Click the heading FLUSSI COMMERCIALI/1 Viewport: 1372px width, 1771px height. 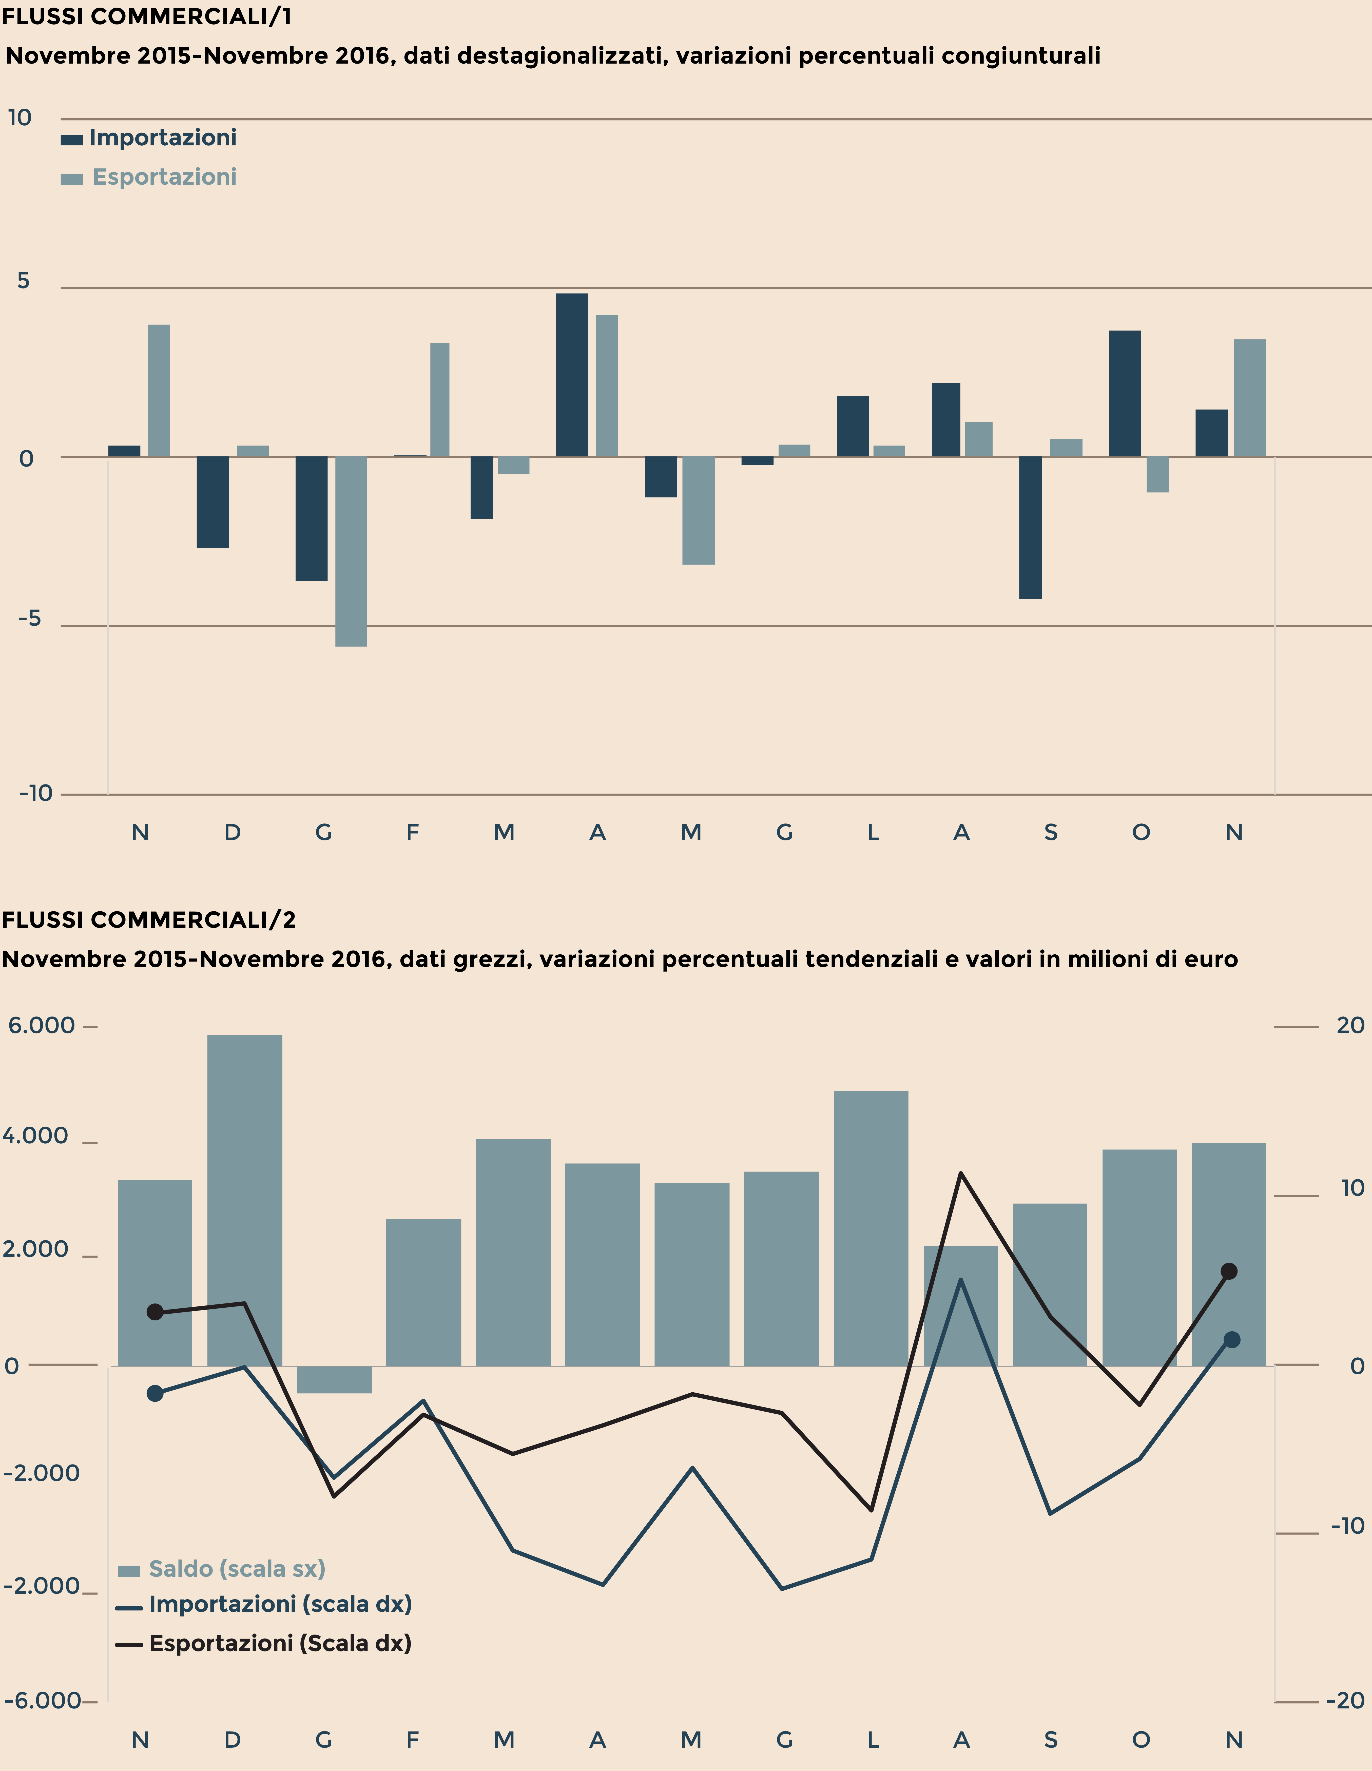coord(147,16)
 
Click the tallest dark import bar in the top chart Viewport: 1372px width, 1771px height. coord(572,375)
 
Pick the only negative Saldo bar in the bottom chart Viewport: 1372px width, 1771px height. coord(334,1379)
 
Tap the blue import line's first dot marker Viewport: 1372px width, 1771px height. coord(155,1393)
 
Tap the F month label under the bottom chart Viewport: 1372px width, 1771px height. coord(412,1739)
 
